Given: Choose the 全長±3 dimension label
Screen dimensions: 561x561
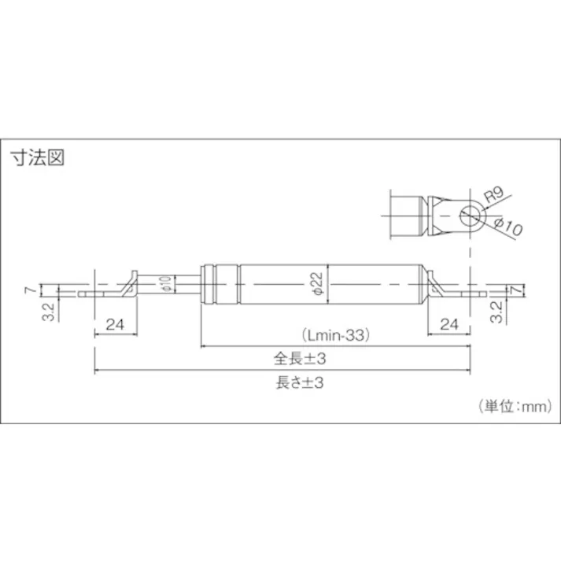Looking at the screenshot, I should click(300, 359).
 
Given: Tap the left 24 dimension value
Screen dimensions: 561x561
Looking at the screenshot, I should click(116, 323).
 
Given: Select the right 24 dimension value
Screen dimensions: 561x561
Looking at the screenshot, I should click(449, 323).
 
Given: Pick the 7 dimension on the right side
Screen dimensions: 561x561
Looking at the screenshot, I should click(515, 290).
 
